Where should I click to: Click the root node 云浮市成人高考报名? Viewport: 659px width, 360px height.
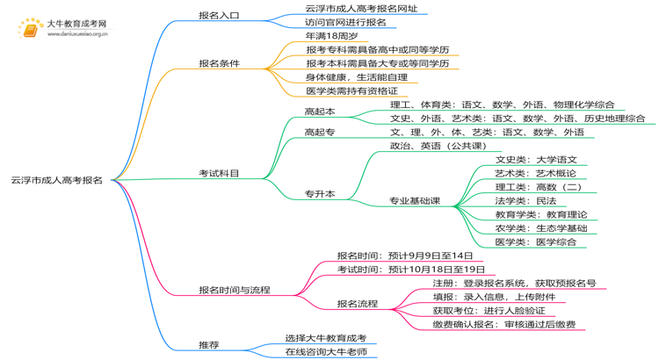coord(57,180)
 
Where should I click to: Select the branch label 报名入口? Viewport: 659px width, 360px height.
coord(219,15)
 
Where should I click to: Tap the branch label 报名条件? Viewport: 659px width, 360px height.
coord(219,63)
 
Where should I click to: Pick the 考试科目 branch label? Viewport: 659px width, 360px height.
coord(219,174)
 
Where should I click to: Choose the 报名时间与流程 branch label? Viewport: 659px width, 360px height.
coord(234,290)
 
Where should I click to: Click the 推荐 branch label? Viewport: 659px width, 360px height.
coord(209,345)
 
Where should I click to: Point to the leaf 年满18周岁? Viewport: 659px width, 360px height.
coord(331,36)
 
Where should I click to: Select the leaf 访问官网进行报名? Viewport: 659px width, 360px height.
coord(344,22)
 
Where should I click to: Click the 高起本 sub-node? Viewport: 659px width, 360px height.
coord(319,112)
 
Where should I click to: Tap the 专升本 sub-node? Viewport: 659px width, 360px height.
coord(319,193)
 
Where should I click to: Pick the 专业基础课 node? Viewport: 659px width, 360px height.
coord(416,201)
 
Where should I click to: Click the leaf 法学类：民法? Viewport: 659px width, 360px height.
coord(525,201)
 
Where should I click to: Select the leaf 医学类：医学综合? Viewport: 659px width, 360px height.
coord(536,242)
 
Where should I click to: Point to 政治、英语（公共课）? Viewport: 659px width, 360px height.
coord(438,146)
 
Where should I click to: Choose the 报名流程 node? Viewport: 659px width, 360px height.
coord(358,304)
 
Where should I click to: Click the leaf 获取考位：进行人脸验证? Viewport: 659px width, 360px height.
coord(489,311)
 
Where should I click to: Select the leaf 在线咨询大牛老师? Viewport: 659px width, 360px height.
coord(325,352)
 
